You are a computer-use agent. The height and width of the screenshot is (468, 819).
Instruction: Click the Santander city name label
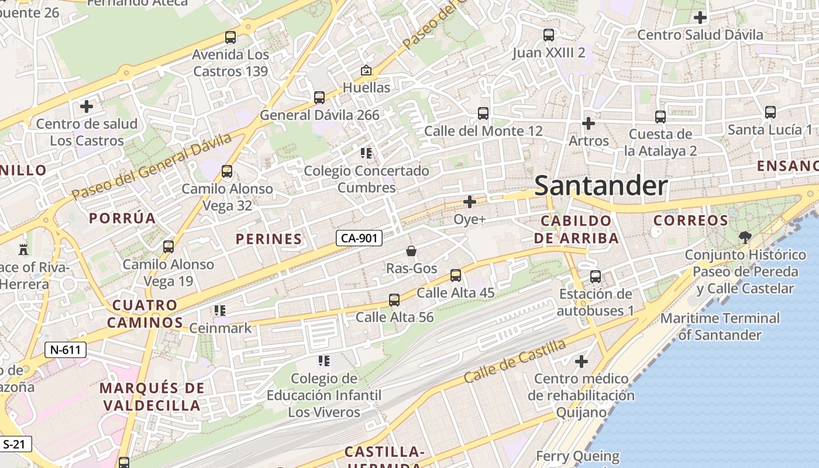[x=601, y=186]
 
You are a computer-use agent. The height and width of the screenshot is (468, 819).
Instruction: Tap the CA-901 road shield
[x=359, y=238]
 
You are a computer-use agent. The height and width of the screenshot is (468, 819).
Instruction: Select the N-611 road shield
[x=66, y=350]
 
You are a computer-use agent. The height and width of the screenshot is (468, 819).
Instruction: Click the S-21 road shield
[x=15, y=444]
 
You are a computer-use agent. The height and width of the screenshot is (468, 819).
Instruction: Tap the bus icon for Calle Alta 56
[x=394, y=300]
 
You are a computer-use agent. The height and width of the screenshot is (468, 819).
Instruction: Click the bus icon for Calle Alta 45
[x=456, y=276]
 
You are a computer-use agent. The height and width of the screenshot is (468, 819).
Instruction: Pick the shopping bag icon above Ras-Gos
[x=411, y=251]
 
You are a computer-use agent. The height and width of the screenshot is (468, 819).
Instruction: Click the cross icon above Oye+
[x=470, y=202]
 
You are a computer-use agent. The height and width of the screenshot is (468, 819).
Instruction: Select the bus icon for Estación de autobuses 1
[x=596, y=277]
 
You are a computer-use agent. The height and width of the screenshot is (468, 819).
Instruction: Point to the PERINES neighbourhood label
[x=269, y=239]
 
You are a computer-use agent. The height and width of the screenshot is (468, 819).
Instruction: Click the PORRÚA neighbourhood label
[x=122, y=219]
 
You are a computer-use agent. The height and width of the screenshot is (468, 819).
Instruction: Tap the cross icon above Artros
[x=589, y=123]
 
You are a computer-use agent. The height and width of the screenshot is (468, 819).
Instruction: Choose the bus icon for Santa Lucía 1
[x=770, y=112]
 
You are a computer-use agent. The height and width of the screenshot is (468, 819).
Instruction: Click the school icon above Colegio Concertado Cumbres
[x=366, y=154]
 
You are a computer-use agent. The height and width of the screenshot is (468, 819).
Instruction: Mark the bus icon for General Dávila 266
[x=319, y=98]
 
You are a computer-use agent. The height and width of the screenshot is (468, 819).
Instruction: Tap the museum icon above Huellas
[x=366, y=71]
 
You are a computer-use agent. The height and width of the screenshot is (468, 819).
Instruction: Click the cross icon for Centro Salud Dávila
[x=700, y=18]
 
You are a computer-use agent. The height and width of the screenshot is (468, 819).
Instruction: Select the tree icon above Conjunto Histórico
[x=745, y=237]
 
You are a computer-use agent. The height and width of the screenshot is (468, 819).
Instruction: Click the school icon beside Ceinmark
[x=220, y=311]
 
